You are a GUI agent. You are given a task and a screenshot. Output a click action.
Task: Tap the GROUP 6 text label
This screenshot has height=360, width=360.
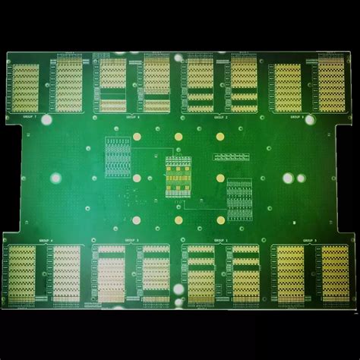click(x=134, y=118)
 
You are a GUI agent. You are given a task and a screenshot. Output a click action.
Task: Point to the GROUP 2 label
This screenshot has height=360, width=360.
click(x=221, y=118)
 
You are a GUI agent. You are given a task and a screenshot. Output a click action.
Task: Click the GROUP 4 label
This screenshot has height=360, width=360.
click(x=46, y=241)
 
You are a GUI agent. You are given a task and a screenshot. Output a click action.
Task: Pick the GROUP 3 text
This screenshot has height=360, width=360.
click(x=134, y=241)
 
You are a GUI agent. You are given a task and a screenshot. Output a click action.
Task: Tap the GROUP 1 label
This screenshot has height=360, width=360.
click(x=221, y=241)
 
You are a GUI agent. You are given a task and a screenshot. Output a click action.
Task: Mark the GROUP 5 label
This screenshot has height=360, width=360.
click(x=309, y=241)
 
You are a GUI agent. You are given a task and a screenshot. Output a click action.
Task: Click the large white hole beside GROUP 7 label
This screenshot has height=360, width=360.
click(x=46, y=120)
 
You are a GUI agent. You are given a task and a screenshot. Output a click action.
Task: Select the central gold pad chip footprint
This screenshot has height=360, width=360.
click(x=178, y=176)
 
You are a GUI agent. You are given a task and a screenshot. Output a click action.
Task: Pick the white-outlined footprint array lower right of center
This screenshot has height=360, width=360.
click(x=238, y=199)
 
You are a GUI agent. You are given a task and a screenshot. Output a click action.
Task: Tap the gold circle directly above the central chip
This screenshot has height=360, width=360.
click(x=178, y=137)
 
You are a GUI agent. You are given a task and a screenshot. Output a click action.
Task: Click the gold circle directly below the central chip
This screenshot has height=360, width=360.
click(x=178, y=220)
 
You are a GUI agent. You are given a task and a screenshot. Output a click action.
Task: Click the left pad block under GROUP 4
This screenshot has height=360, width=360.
click(x=22, y=273)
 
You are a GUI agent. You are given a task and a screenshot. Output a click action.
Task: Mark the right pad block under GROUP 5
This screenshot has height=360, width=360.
click(x=334, y=273)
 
